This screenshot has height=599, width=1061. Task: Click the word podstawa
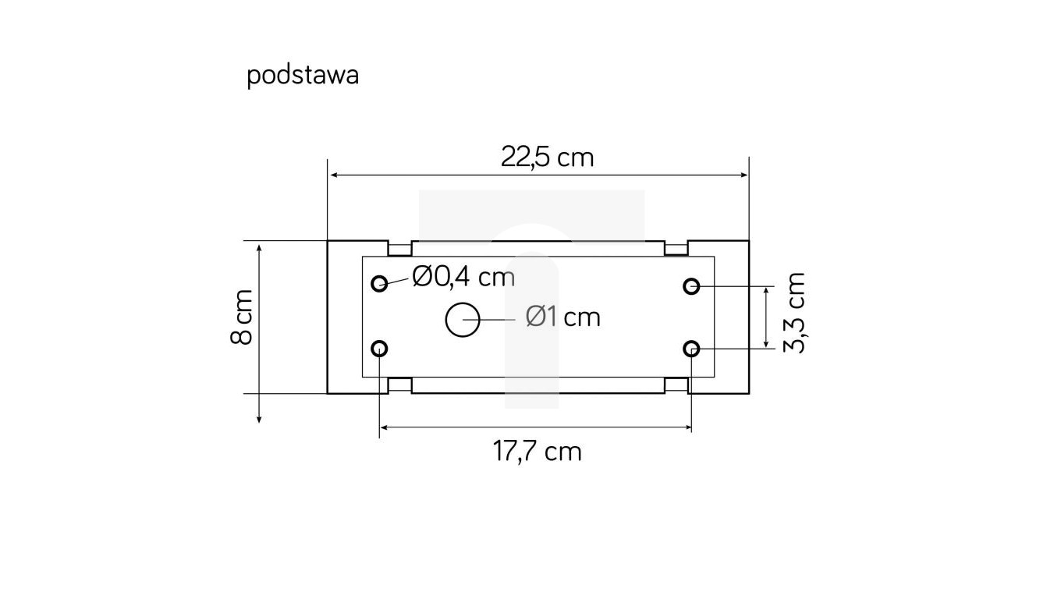[x=303, y=76]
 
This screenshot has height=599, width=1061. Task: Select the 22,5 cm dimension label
[x=547, y=158]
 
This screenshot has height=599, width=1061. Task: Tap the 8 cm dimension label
[x=243, y=317]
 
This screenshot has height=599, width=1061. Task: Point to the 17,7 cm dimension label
[x=537, y=451]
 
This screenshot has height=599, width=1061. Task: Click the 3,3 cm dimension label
[x=794, y=313]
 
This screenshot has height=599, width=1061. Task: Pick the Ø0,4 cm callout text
[x=463, y=276]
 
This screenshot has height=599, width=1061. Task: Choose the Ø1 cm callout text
[x=562, y=317]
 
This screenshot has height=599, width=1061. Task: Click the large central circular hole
[x=463, y=321]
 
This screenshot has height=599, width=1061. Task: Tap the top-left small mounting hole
[x=380, y=283]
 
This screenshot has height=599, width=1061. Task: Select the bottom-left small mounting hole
[x=380, y=348]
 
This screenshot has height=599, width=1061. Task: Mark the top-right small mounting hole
[x=691, y=286]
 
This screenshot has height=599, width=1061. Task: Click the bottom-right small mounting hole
[x=691, y=348]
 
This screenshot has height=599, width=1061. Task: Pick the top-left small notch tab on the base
[x=399, y=249]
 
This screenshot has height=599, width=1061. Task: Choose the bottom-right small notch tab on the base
[x=676, y=385]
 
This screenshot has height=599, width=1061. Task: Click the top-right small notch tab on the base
[x=676, y=249]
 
